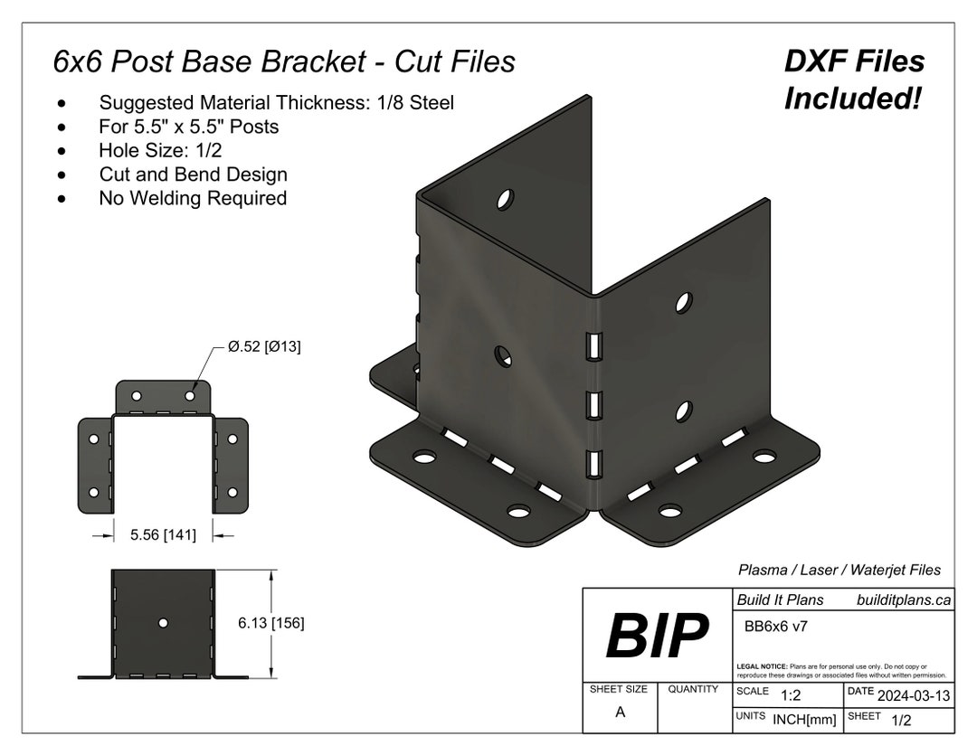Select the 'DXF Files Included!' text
coord(854,80)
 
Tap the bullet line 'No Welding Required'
coord(193,198)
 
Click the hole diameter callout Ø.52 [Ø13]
coord(264,347)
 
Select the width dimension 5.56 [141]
coord(163,535)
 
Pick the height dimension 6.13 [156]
coord(270,623)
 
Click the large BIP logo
coord(657,637)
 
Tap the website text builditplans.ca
coord(903,599)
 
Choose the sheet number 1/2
coord(901,721)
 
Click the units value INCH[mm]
coord(803,721)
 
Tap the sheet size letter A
coord(620,713)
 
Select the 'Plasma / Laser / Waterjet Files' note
coord(839,570)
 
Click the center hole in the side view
coord(163,623)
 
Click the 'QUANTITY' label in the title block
coord(693,689)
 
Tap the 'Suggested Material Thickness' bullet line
coord(276,103)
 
